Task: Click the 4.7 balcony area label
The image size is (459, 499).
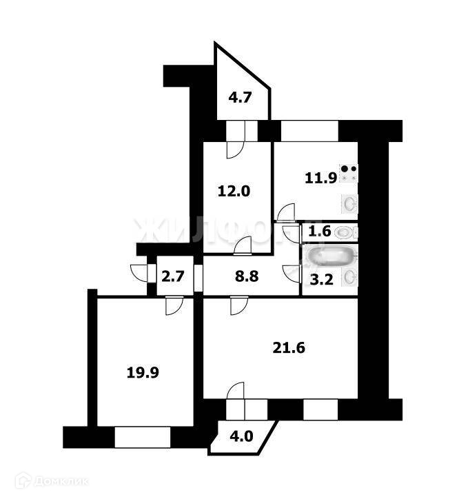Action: [240, 97]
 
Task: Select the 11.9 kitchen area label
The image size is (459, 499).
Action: [320, 179]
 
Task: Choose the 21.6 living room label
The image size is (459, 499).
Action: [287, 347]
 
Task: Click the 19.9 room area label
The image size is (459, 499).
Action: [142, 373]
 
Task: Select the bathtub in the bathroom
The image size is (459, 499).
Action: [332, 258]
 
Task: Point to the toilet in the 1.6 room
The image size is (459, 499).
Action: [343, 232]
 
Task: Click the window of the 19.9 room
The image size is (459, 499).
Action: [142, 436]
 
